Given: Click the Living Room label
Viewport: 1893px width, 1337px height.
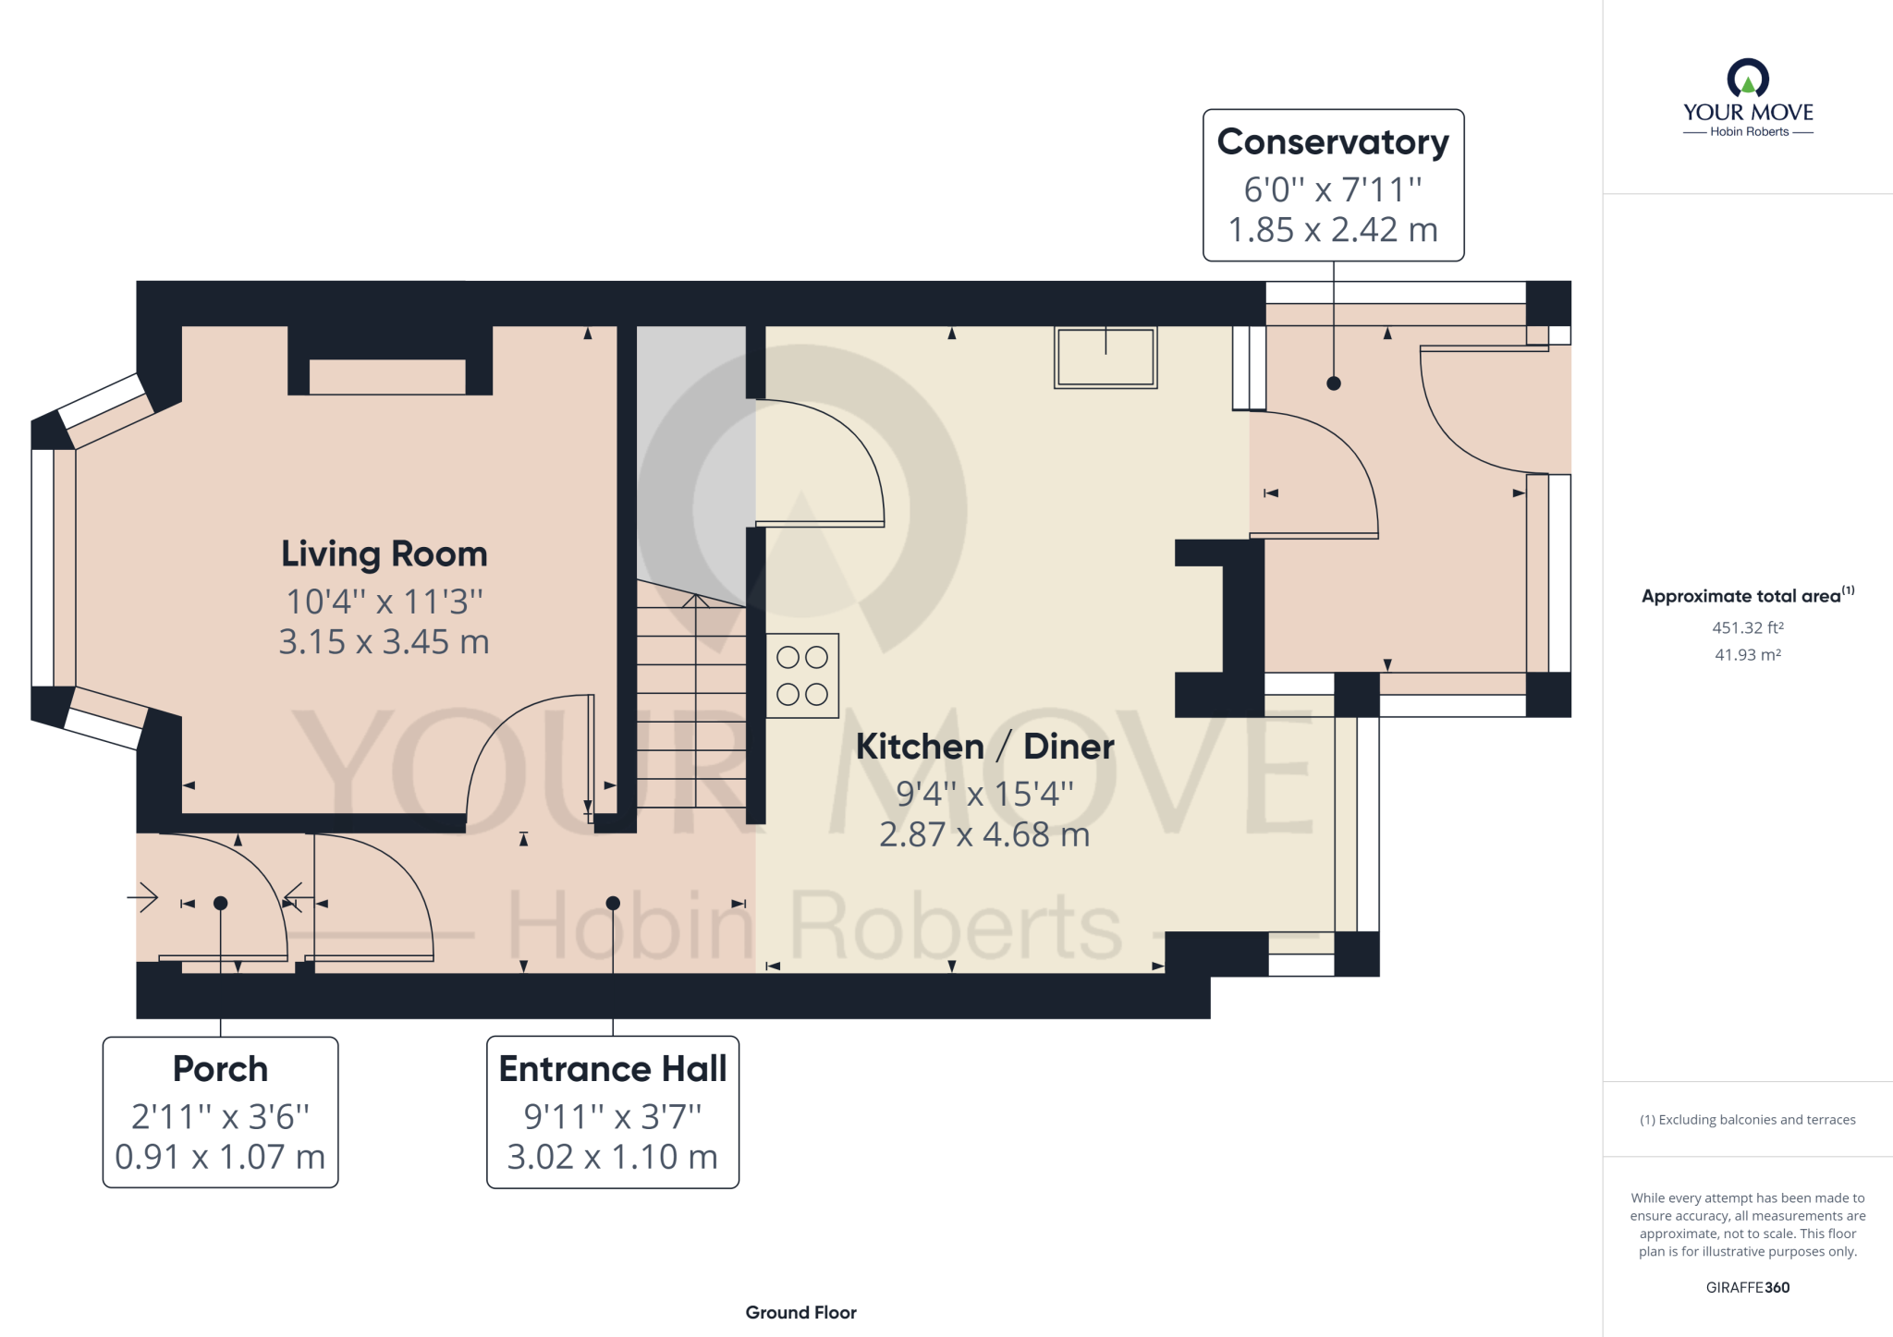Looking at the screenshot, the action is [x=385, y=554].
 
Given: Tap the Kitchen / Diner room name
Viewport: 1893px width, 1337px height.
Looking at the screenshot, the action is [x=984, y=747].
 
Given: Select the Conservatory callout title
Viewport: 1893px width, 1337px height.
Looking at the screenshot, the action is [x=1333, y=142].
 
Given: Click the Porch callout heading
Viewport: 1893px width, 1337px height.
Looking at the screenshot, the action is [x=220, y=1069].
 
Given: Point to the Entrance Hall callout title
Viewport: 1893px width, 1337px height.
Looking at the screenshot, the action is [x=613, y=1069].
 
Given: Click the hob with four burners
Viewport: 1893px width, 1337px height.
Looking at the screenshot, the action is [x=802, y=675].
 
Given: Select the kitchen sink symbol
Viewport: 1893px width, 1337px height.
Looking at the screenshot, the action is [x=1105, y=358].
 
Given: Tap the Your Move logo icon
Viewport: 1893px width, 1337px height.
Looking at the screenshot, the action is [x=1748, y=78].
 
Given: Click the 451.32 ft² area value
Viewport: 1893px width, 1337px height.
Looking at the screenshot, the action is [x=1748, y=627].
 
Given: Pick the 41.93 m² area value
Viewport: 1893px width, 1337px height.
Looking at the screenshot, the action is [x=1748, y=654].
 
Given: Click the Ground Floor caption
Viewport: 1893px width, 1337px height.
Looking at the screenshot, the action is [x=800, y=1312].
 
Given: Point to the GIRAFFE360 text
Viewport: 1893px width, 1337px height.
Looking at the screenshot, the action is [x=1748, y=1287].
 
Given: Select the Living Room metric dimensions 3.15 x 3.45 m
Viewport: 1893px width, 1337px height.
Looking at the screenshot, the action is [x=385, y=641].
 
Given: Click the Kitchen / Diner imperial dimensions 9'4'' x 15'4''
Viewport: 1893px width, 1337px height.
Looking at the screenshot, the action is [x=984, y=794].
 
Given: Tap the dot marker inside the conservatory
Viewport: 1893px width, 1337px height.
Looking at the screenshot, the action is [x=1333, y=383].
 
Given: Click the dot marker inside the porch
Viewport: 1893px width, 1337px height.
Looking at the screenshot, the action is [x=220, y=904].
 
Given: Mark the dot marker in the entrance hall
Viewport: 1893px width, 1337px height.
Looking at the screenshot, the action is [x=613, y=904].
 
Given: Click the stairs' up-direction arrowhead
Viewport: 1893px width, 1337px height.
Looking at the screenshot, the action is [x=696, y=601].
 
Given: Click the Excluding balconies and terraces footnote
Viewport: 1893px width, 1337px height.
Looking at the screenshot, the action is [x=1748, y=1120].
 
